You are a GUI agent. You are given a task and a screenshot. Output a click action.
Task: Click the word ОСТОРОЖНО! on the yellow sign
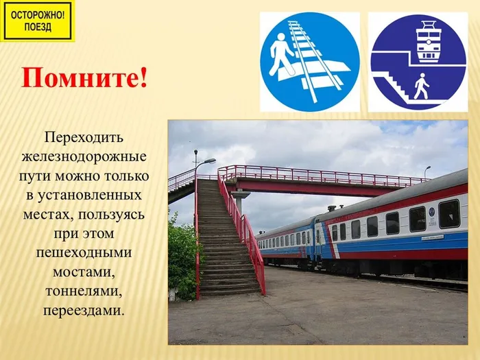(38, 13)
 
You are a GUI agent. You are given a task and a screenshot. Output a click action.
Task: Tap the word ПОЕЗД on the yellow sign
(38, 27)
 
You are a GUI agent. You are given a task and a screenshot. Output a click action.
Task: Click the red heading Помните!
(84, 78)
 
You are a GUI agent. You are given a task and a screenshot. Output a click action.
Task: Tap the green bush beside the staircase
(181, 257)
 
